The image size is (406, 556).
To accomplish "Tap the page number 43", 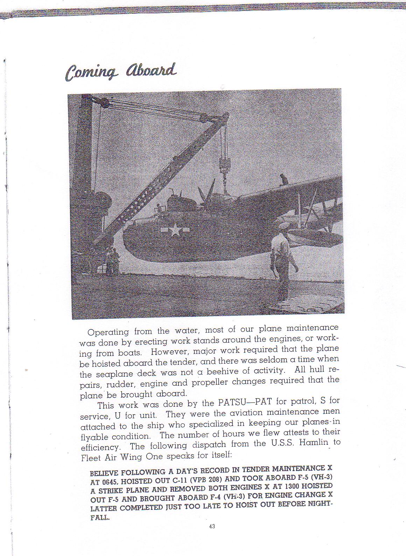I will (211, 526).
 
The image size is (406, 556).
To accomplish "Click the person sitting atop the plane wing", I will (283, 179).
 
